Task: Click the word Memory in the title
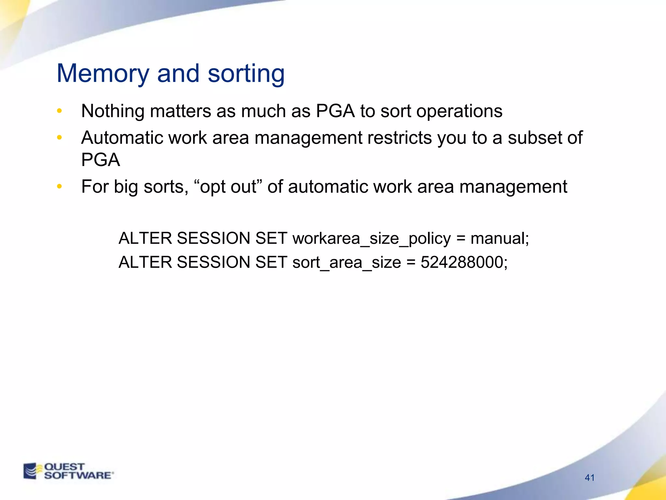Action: (x=103, y=74)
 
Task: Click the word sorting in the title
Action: (x=246, y=74)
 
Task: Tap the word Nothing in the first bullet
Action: (x=113, y=111)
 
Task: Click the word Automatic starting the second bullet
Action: (x=122, y=138)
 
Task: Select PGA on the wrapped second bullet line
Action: (x=100, y=160)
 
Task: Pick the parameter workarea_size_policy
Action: (x=372, y=239)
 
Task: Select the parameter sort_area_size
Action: (x=347, y=263)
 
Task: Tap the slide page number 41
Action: (x=590, y=478)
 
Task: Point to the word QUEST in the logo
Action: (x=64, y=466)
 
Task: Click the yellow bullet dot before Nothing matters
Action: (x=59, y=111)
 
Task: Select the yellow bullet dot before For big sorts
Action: (x=59, y=187)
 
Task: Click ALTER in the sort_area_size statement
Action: (x=145, y=262)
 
